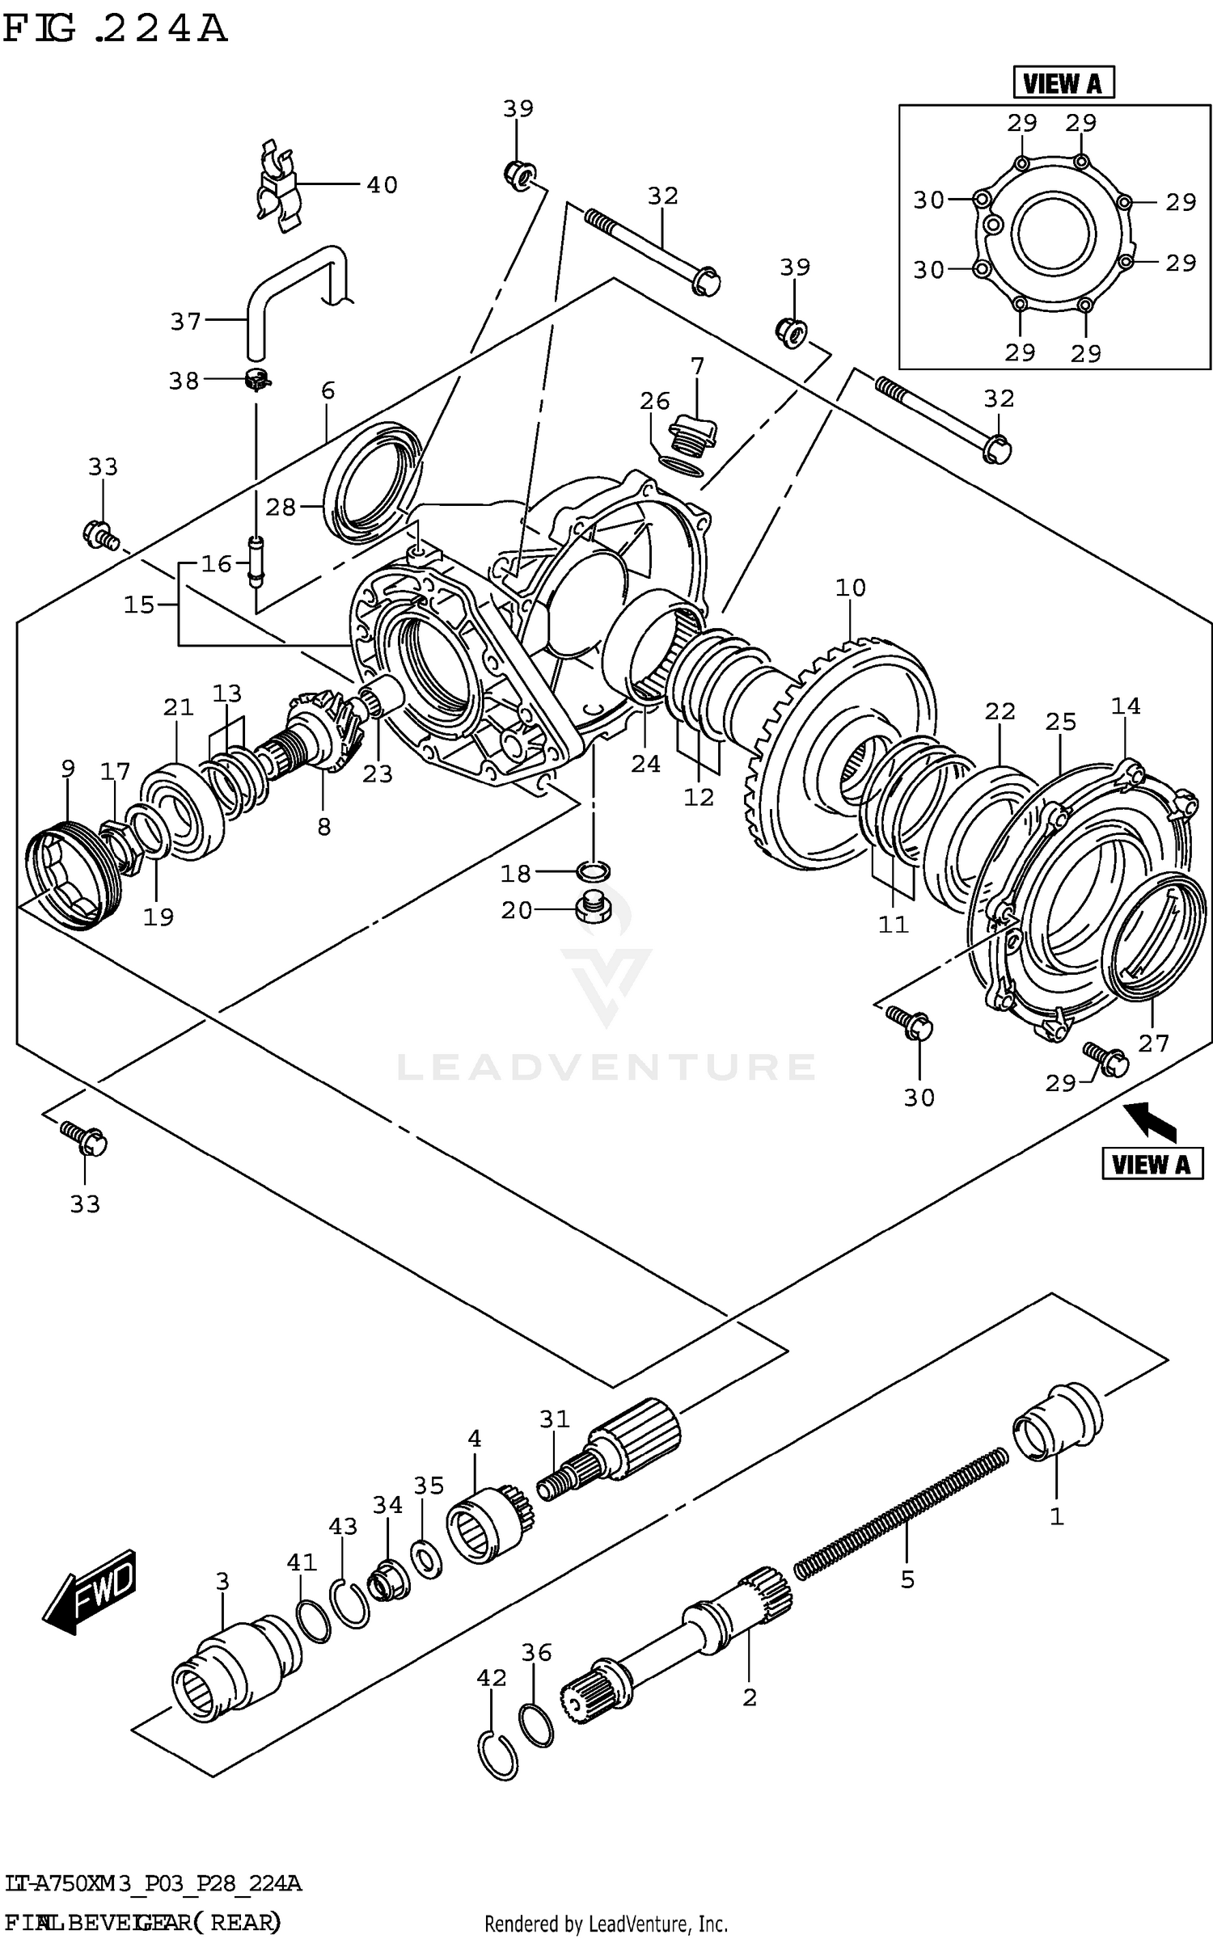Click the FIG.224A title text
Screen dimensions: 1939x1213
115,29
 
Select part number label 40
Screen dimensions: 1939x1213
382,185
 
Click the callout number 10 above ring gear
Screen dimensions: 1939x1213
850,588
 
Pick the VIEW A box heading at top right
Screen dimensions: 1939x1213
1063,82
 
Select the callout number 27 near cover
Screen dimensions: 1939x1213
1153,1043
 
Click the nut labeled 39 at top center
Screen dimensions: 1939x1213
518,173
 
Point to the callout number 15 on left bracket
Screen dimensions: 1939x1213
139,605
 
